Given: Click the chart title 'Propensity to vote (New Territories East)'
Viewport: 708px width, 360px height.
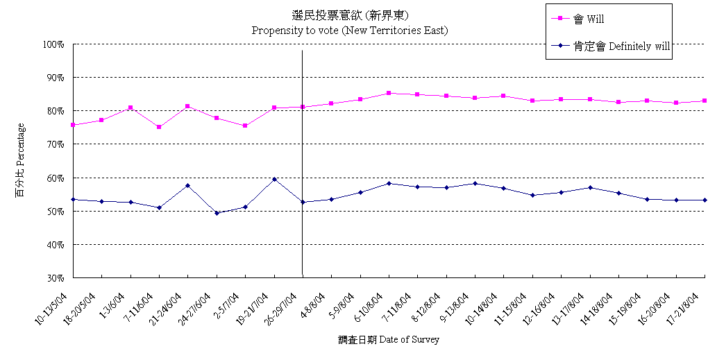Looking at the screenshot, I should tap(349, 31).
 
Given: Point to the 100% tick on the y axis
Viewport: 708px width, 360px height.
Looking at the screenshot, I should tap(53, 44).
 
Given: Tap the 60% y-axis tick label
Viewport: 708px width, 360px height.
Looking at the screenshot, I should tap(55, 178).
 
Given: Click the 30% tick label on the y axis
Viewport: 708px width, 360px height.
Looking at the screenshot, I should tap(55, 278).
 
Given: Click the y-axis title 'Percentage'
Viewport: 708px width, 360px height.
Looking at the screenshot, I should tap(20, 160).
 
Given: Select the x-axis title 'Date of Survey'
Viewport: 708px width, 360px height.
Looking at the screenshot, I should tap(389, 340).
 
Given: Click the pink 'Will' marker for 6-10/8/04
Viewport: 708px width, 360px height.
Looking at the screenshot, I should tap(389, 93).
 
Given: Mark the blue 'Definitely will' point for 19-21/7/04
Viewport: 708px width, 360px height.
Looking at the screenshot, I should tap(275, 179).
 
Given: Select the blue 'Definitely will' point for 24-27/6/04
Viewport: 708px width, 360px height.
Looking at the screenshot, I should tap(217, 213).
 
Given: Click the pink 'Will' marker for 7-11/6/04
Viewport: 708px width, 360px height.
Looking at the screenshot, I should tap(159, 127).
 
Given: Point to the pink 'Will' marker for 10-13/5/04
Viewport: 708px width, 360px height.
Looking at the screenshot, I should tap(73, 125).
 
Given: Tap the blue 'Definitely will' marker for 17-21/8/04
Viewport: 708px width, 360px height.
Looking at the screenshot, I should tap(705, 200).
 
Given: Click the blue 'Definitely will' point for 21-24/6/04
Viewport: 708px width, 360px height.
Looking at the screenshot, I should tap(188, 185).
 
